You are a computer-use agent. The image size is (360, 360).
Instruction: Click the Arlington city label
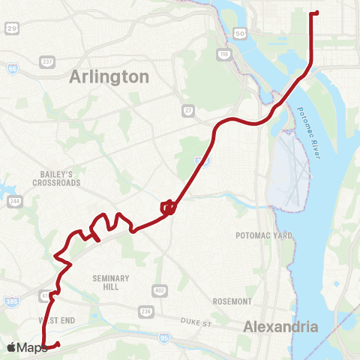[x=109, y=76]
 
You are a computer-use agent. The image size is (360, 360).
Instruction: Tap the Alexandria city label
[x=281, y=326]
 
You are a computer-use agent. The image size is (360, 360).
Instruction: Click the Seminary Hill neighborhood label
[x=111, y=282]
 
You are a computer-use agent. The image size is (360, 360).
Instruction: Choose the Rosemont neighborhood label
[x=232, y=301]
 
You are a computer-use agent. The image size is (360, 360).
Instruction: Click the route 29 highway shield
[x=11, y=28]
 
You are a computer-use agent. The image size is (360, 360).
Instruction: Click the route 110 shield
[x=223, y=54]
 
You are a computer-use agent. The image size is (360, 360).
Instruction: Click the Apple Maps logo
[x=25, y=347]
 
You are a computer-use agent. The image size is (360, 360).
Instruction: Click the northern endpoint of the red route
[x=316, y=13]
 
